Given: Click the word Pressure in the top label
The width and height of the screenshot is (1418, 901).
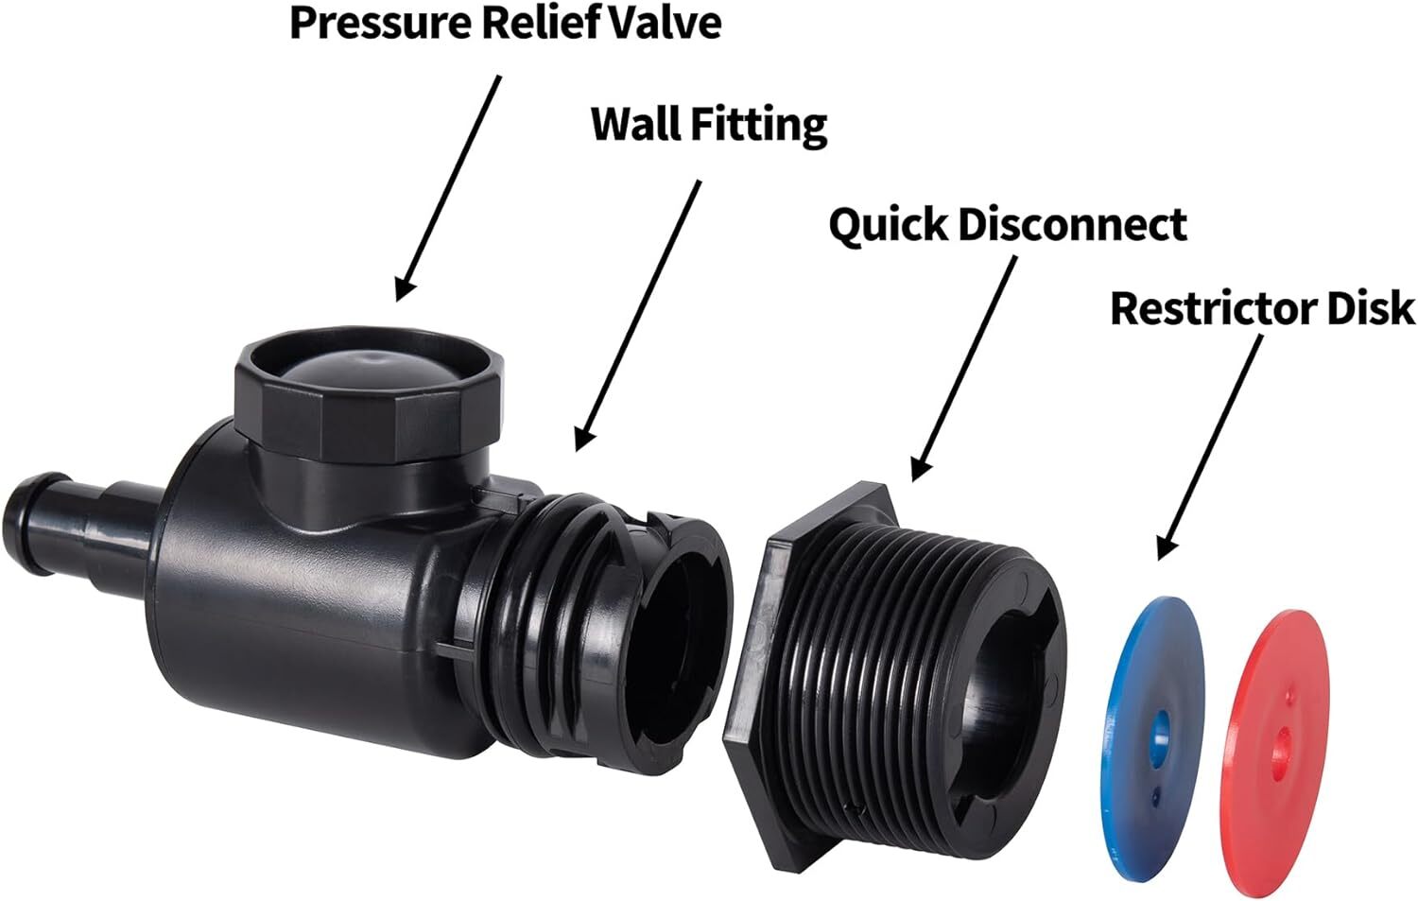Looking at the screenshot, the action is coord(380,23).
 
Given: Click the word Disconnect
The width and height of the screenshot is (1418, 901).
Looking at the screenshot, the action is coord(1072,224).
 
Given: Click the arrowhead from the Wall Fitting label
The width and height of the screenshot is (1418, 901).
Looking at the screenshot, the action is coord(582,436).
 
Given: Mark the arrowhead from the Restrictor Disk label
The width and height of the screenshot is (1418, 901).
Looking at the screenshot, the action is coord(1166,545).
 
